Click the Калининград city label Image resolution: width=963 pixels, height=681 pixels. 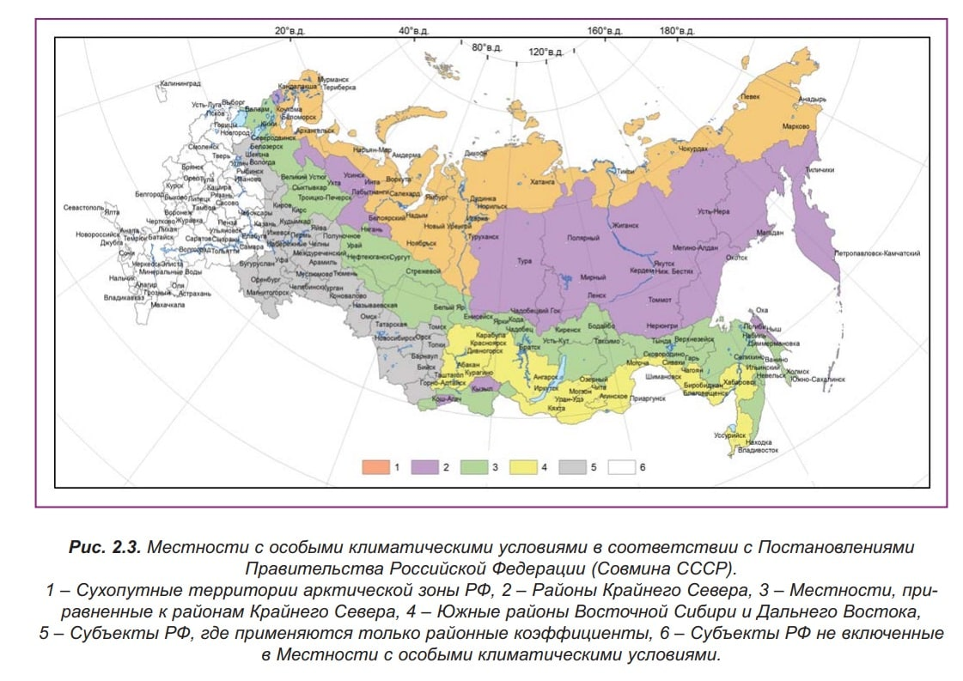pos(179,84)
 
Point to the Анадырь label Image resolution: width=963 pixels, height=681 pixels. pos(812,99)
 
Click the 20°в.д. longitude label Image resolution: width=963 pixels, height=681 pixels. pos(290,31)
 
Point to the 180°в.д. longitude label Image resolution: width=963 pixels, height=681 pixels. pos(677,31)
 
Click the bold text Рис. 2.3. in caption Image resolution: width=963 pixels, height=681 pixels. pos(103,547)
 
